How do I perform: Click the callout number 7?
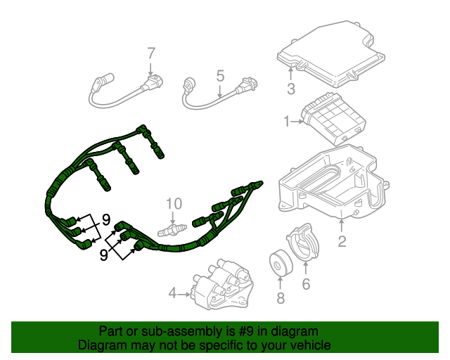click(150, 53)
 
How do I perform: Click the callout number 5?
click(219, 75)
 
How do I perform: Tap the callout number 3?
click(290, 89)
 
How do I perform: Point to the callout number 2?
click(342, 243)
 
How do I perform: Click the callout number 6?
click(306, 284)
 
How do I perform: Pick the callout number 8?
click(281, 300)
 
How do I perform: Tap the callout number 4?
click(172, 293)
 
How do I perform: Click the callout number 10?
click(174, 204)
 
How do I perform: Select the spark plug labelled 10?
click(172, 230)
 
